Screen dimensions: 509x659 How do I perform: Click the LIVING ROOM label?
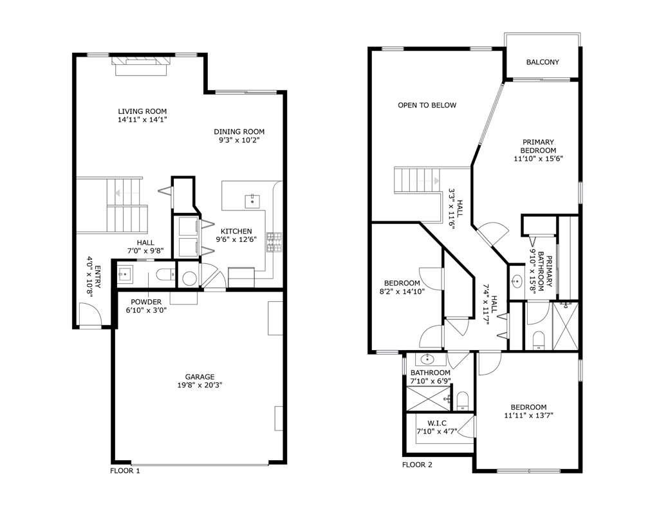pos(138,111)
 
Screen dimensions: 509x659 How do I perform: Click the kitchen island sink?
pos(252,199)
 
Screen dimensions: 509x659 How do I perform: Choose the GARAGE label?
pos(200,376)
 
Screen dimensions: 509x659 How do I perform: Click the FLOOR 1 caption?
pos(125,470)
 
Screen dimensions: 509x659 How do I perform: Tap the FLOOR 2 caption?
pos(417,465)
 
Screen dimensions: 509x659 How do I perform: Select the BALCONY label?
pos(542,62)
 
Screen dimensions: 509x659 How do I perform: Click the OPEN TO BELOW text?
pos(427,105)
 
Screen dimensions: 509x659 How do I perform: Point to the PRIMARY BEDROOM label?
pos(538,146)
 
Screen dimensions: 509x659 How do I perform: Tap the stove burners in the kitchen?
pos(274,241)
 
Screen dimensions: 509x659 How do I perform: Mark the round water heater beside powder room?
pos(189,277)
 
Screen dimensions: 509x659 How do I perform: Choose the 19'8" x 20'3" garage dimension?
pos(200,385)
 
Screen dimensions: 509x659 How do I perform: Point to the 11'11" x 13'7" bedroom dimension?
pos(528,416)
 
